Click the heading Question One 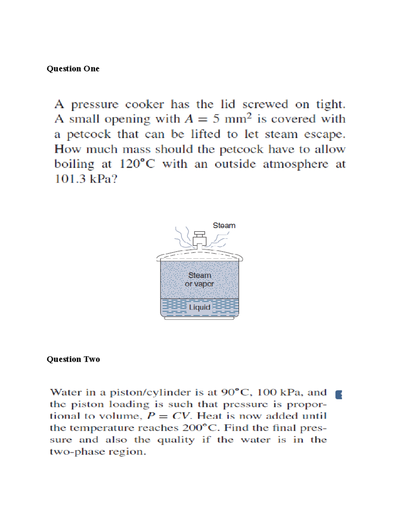tap(73, 69)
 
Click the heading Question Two tap(73, 359)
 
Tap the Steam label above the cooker tap(224, 226)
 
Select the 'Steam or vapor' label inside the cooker tap(199, 279)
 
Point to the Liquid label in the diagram tap(200, 308)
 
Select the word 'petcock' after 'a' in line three tap(89, 134)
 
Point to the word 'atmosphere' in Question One tap(295, 164)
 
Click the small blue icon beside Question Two tap(339, 395)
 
